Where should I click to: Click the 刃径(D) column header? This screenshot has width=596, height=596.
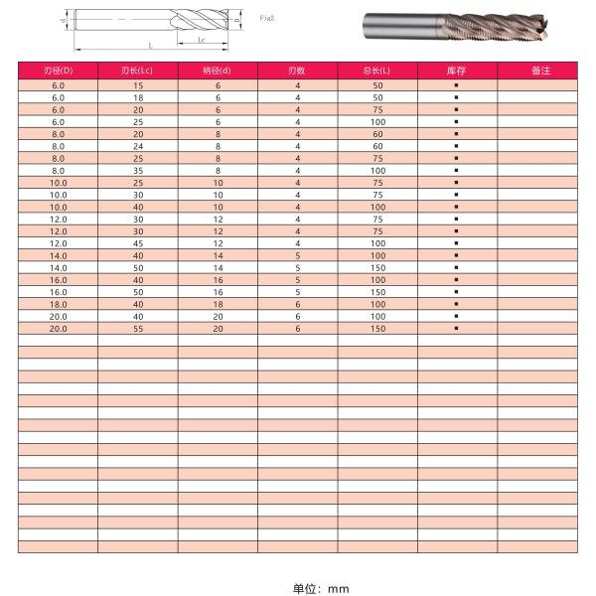[x=58, y=71]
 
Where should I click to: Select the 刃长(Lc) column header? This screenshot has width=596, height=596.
[x=137, y=71]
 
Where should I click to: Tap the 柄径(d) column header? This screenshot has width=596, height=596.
[x=217, y=71]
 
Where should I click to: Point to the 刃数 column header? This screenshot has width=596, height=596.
[x=296, y=71]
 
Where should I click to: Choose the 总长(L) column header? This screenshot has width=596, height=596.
[x=376, y=71]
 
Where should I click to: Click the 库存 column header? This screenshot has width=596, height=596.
[x=456, y=71]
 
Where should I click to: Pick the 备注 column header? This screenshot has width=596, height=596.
[x=536, y=71]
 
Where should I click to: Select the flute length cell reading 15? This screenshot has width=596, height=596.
[x=137, y=85]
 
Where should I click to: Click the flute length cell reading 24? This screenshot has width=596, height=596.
[x=137, y=146]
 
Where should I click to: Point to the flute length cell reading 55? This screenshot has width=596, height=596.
[x=137, y=328]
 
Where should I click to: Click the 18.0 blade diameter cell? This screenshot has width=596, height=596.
[x=58, y=304]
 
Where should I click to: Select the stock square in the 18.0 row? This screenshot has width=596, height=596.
[x=456, y=304]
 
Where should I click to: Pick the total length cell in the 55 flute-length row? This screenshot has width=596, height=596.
[x=376, y=328]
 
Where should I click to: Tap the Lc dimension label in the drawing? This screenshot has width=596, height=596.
[x=202, y=40]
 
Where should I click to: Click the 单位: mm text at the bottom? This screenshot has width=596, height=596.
[x=321, y=588]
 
